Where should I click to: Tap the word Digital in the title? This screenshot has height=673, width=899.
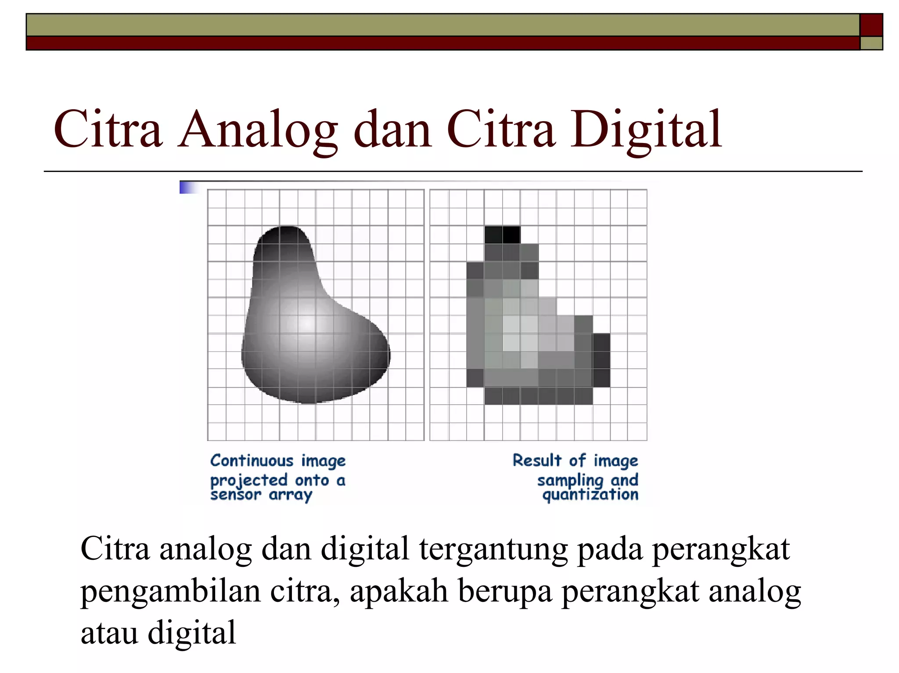click(x=646, y=129)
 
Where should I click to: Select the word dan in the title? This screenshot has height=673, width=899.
click(x=393, y=129)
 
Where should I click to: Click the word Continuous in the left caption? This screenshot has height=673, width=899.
click(x=252, y=461)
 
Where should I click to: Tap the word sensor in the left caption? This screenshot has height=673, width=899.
click(x=236, y=495)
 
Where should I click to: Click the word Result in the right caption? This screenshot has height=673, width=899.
click(x=537, y=461)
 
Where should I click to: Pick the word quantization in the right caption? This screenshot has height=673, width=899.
click(x=590, y=495)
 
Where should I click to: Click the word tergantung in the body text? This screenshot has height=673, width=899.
click(x=493, y=549)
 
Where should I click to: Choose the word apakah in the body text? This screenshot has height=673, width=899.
click(x=399, y=591)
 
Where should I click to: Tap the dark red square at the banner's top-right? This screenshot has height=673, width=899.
click(x=871, y=25)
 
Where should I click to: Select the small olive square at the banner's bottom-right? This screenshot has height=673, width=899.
click(x=871, y=43)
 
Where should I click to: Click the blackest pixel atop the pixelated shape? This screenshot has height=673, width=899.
click(x=511, y=235)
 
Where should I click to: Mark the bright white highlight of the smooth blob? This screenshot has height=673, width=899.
click(x=307, y=323)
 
